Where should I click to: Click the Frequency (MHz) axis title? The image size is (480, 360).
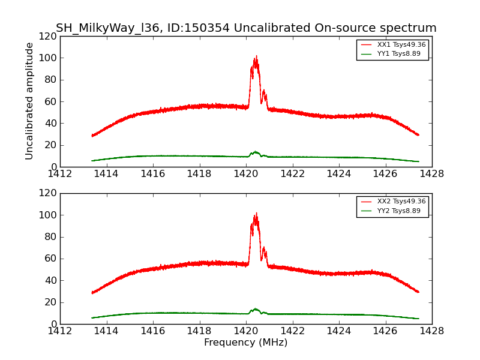tap(245, 343)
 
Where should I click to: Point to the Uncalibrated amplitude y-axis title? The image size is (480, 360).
tap(29, 101)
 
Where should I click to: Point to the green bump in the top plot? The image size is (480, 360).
tap(256, 152)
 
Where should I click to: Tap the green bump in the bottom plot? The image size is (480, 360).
tap(256, 309)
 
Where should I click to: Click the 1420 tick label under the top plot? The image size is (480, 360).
tap(245, 173)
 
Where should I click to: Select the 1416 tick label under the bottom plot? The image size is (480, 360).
tap(152, 331)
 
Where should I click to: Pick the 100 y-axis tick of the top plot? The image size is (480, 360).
tap(49, 58)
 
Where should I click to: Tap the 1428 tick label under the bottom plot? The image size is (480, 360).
tap(431, 331)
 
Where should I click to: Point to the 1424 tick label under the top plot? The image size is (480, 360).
tap(338, 173)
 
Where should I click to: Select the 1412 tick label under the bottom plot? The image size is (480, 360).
tap(60, 331)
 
